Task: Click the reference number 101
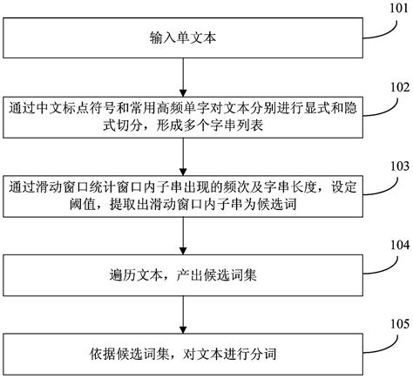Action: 396,10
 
